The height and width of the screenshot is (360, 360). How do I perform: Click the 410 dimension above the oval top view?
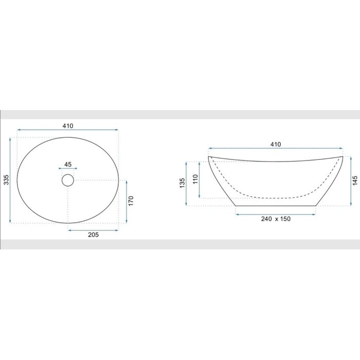[x=68, y=126]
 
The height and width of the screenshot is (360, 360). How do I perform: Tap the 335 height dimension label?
[x=6, y=180]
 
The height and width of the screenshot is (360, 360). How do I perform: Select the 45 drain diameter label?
[x=68, y=165]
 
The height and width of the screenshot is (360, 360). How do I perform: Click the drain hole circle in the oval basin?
[x=68, y=180]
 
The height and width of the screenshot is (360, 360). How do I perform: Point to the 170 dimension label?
[x=131, y=201]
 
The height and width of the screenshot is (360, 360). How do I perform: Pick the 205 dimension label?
[x=94, y=235]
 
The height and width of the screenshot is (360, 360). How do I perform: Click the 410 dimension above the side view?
[x=276, y=145]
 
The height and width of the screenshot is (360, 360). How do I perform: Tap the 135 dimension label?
[x=182, y=183]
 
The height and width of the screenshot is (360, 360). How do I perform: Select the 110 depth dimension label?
[x=195, y=179]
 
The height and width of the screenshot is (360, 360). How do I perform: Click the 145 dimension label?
[x=355, y=181]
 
